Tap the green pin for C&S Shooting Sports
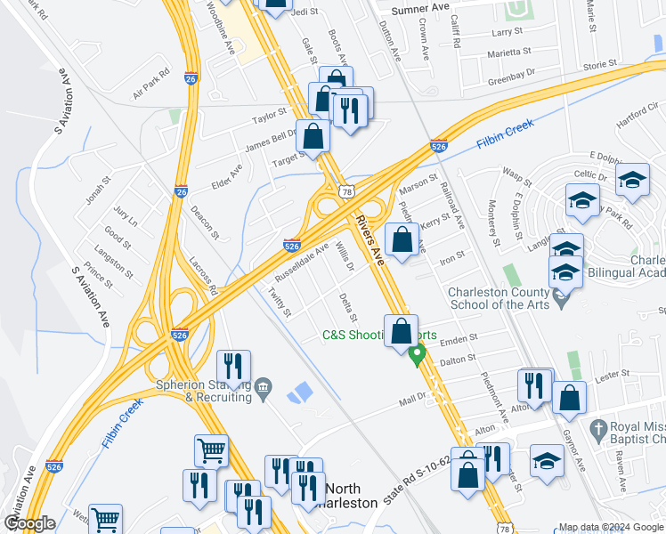pos(416,355)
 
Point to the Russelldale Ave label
pos(302,264)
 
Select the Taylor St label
pos(269,117)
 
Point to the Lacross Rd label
pos(204,277)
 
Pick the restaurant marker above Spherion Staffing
pos(233,366)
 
